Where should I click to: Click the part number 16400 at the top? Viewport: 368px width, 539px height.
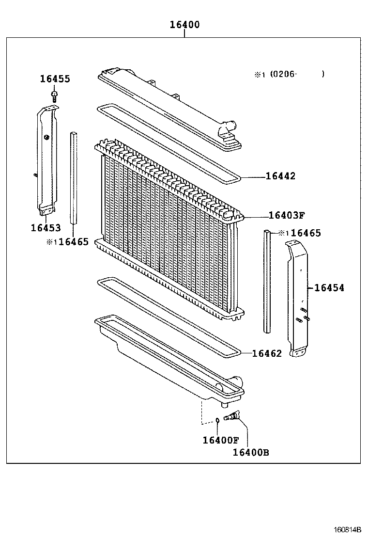pyautogui.click(x=184, y=25)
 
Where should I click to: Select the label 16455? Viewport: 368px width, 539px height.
pyautogui.click(x=55, y=79)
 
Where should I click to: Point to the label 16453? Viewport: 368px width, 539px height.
pyautogui.click(x=46, y=228)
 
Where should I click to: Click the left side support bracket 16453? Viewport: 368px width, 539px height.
pyautogui.click(x=46, y=160)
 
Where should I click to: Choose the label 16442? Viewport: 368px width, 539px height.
pyautogui.click(x=280, y=176)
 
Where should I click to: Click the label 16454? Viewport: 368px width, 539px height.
pyautogui.click(x=329, y=288)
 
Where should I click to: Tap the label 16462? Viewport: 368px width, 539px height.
pyautogui.click(x=267, y=354)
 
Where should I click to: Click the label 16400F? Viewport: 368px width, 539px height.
pyautogui.click(x=221, y=440)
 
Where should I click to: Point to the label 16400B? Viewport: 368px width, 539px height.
pyautogui.click(x=251, y=453)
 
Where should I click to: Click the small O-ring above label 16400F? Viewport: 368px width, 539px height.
pyautogui.click(x=218, y=419)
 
